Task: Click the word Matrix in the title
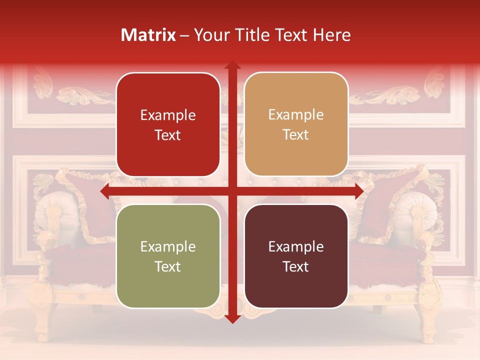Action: click(x=148, y=35)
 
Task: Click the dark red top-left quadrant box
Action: click(x=168, y=125)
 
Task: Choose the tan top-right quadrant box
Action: click(x=296, y=124)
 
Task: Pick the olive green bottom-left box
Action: click(x=168, y=256)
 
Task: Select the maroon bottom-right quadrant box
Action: click(x=296, y=256)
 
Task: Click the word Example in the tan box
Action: click(x=296, y=115)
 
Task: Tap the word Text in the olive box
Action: click(x=167, y=266)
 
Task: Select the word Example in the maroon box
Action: click(x=296, y=246)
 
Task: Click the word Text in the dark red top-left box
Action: click(x=167, y=135)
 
